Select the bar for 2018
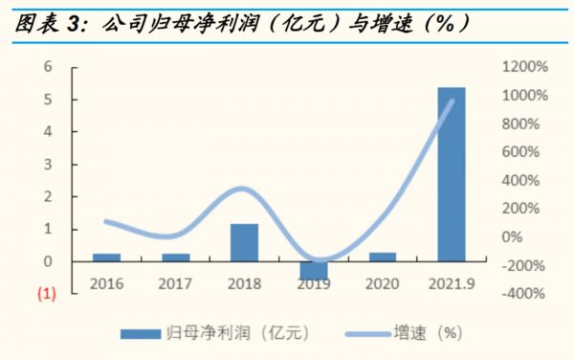point(245,242)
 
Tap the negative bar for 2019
point(314,270)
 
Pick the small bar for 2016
point(107,258)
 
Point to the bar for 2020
point(383,257)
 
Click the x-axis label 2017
point(175,283)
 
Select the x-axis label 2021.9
point(452,283)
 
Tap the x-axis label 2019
point(314,283)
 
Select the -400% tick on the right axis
point(525,294)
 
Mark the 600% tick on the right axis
point(521,152)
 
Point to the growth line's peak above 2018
point(243,189)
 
